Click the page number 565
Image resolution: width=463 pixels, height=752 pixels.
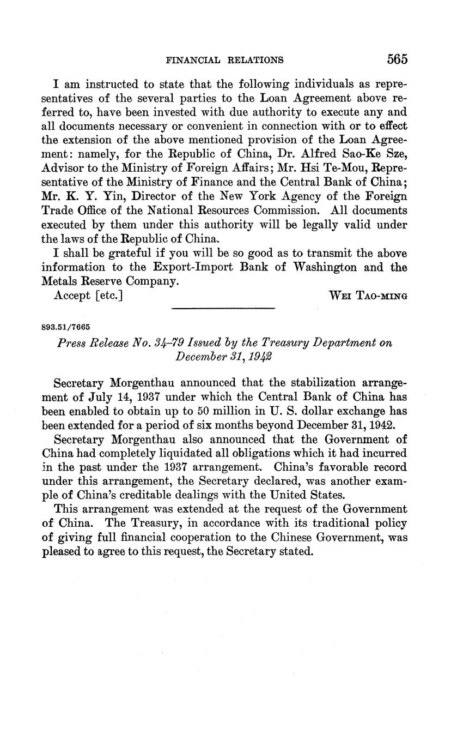click(x=397, y=59)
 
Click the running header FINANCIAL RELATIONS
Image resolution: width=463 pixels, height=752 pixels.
click(x=224, y=60)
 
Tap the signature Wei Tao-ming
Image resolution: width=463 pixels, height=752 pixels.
click(x=369, y=295)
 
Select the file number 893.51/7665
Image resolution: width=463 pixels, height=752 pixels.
click(x=65, y=327)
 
